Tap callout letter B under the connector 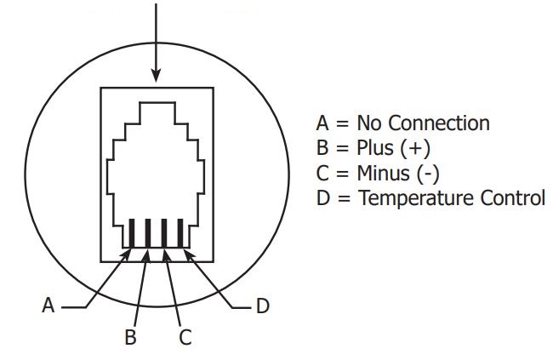tap(131, 337)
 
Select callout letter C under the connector tap(185, 337)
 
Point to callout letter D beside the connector tap(263, 306)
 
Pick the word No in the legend tap(370, 123)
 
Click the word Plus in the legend tap(374, 148)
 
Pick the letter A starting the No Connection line tap(322, 123)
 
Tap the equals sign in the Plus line tap(341, 148)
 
